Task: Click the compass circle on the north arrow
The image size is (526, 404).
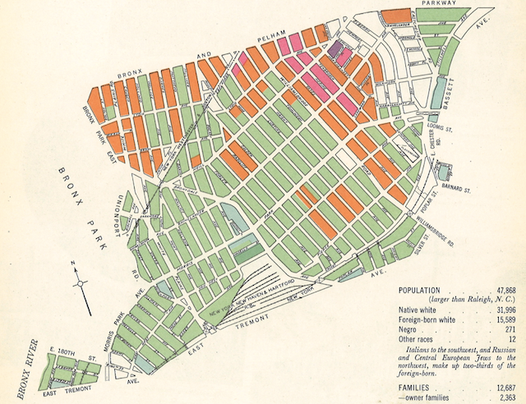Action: (81, 283)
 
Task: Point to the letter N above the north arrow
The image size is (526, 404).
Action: (73, 262)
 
